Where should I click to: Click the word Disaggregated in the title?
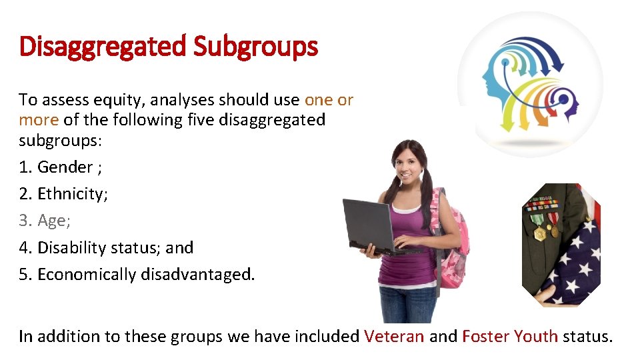[103, 47]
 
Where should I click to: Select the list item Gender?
[65, 167]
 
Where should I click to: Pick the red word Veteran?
[394, 336]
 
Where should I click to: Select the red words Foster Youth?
[510, 336]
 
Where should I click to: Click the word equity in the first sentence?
[122, 100]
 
